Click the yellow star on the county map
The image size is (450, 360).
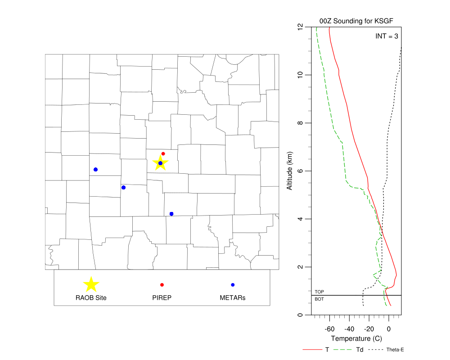click(x=160, y=163)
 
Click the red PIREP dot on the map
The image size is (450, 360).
click(x=163, y=154)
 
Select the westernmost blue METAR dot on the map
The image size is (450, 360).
click(x=95, y=170)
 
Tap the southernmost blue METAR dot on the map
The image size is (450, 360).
click(x=171, y=214)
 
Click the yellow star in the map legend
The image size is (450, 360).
click(x=91, y=284)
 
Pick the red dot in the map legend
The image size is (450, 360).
click(x=162, y=285)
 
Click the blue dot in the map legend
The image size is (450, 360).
click(x=233, y=285)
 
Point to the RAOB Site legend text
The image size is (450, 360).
click(x=91, y=297)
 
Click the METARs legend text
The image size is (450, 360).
click(x=233, y=297)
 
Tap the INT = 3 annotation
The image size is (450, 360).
click(x=387, y=36)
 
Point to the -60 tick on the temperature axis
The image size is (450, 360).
click(x=330, y=329)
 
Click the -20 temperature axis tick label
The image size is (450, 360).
click(x=369, y=329)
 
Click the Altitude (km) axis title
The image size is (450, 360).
click(x=290, y=171)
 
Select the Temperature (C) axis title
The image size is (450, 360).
click(x=356, y=338)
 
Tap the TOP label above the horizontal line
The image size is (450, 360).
click(x=319, y=292)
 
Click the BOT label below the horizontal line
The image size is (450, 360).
click(x=319, y=299)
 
